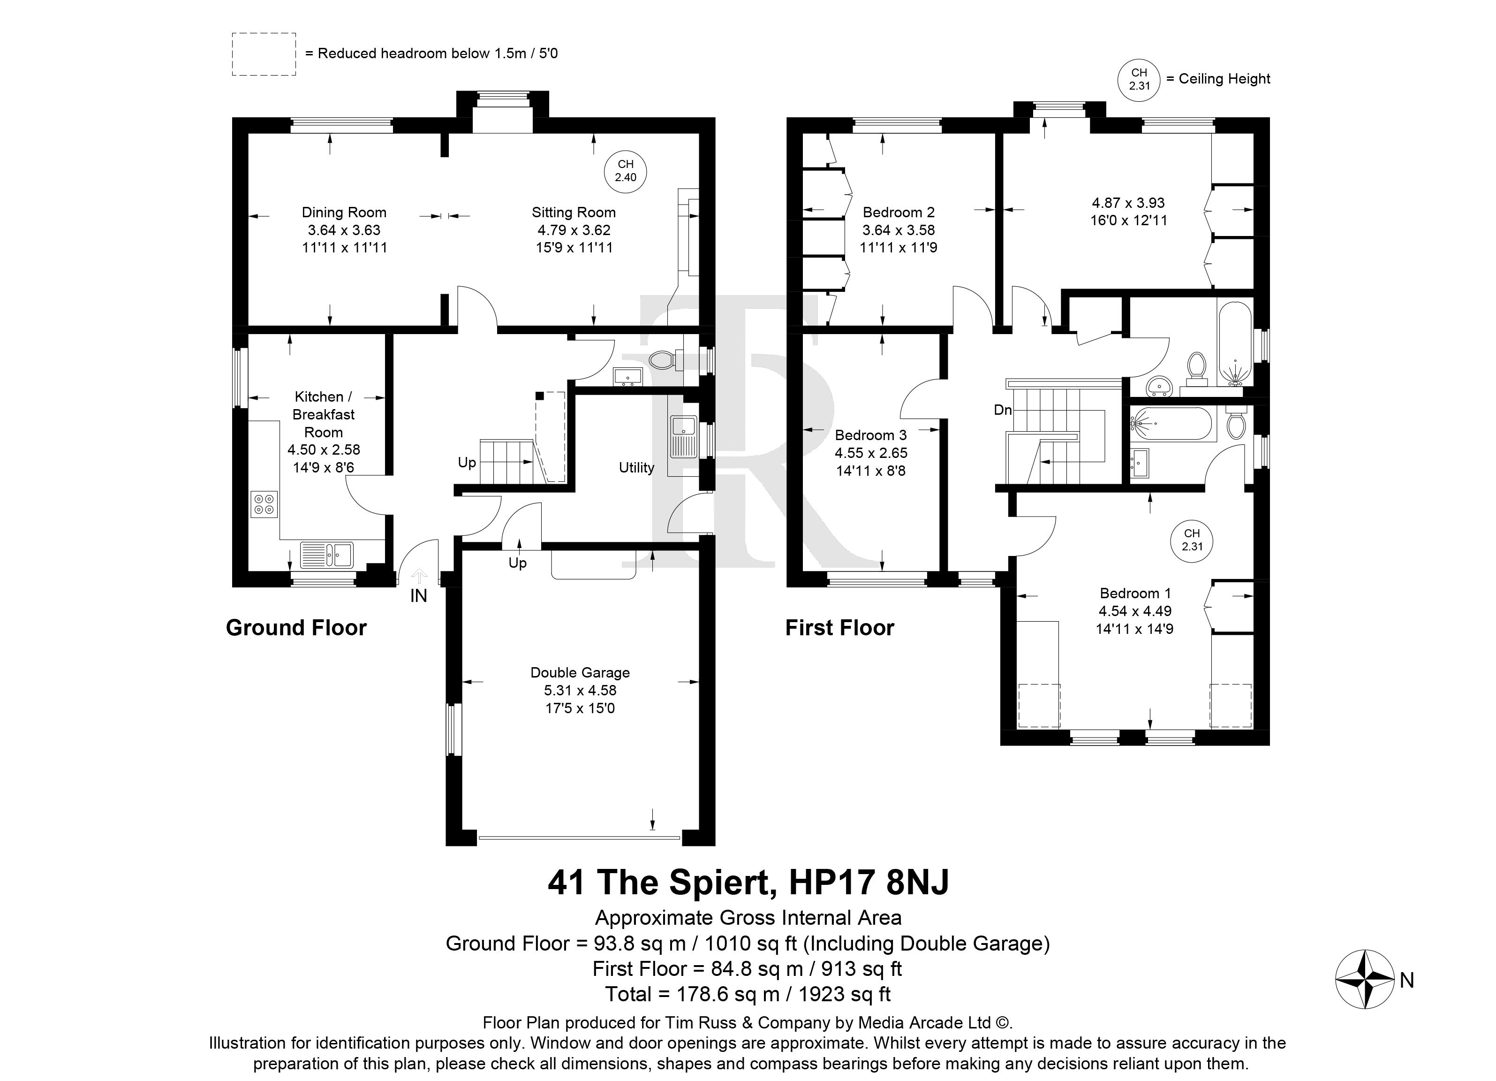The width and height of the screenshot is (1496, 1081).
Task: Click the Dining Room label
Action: pyautogui.click(x=344, y=213)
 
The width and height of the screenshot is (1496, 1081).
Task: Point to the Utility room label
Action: pyautogui.click(x=636, y=468)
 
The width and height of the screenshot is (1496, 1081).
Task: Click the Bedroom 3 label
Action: pyautogui.click(x=871, y=435)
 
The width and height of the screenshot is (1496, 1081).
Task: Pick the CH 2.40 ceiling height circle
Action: pyautogui.click(x=625, y=172)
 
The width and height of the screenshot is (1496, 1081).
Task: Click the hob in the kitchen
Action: pyautogui.click(x=264, y=505)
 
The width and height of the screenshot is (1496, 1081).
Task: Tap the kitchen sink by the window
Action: pyautogui.click(x=327, y=555)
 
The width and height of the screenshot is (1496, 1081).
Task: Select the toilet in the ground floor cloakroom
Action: pyautogui.click(x=662, y=360)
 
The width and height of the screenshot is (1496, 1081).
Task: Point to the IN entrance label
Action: pyautogui.click(x=419, y=596)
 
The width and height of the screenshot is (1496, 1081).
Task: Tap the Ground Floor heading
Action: pyautogui.click(x=296, y=628)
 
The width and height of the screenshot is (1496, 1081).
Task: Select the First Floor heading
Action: pyautogui.click(x=840, y=628)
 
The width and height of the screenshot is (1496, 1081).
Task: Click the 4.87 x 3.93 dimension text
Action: pyautogui.click(x=1129, y=203)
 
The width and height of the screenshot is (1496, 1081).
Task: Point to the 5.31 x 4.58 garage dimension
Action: pyautogui.click(x=580, y=690)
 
